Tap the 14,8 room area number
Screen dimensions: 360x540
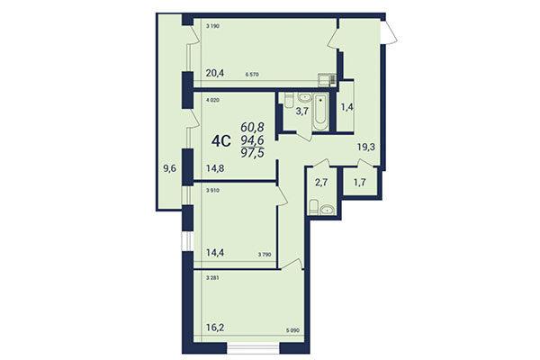pyautogui.click(x=216, y=166)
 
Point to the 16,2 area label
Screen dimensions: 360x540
pyautogui.click(x=216, y=330)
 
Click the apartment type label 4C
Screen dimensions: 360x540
pyautogui.click(x=220, y=140)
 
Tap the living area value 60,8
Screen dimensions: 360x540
pyautogui.click(x=254, y=127)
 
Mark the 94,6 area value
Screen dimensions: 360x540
pyautogui.click(x=254, y=139)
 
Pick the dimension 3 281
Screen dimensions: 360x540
pyautogui.click(x=214, y=278)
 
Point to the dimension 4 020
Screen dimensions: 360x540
pyautogui.click(x=214, y=100)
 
